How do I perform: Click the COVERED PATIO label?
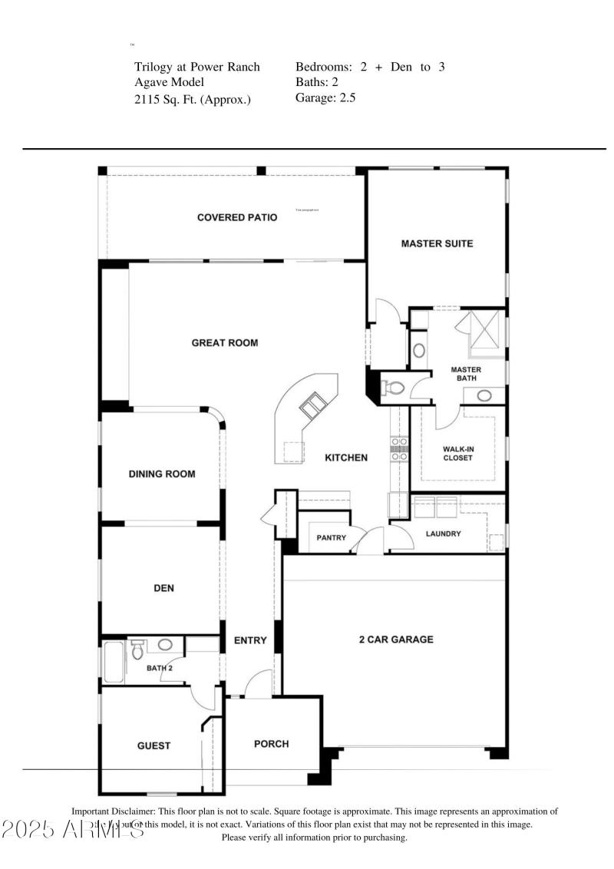[236, 217]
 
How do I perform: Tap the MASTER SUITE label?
[437, 243]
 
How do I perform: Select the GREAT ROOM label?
[224, 343]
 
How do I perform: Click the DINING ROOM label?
[161, 474]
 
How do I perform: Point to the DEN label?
[163, 588]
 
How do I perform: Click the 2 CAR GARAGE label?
[395, 639]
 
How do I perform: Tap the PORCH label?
[272, 743]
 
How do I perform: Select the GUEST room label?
[153, 745]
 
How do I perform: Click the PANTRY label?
[332, 537]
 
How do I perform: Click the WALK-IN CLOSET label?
[457, 453]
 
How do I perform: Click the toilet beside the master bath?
[392, 388]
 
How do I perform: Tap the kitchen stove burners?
[399, 448]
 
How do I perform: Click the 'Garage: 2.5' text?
[325, 97]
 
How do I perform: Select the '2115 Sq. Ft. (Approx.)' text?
[193, 99]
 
